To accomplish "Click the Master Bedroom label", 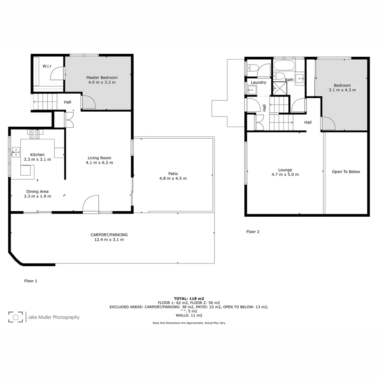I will pyautogui.click(x=102, y=77).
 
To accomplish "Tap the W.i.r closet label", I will pyautogui.click(x=48, y=66).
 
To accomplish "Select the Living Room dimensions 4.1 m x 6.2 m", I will pyautogui.click(x=100, y=163).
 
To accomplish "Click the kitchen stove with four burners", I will pyautogui.click(x=34, y=134).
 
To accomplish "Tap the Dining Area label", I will pyautogui.click(x=37, y=191).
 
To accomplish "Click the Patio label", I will pyautogui.click(x=173, y=174).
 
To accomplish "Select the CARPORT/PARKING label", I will pyautogui.click(x=109, y=234).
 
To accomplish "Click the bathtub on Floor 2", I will pyautogui.click(x=284, y=65).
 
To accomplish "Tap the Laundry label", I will pyautogui.click(x=258, y=83).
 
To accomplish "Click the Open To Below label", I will pyautogui.click(x=346, y=172).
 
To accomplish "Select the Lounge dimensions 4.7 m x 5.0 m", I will pyautogui.click(x=285, y=175).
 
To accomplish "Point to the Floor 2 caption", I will pyautogui.click(x=253, y=232).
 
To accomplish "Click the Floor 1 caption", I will pyautogui.click(x=30, y=281).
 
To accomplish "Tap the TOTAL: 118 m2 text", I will pyautogui.click(x=189, y=299).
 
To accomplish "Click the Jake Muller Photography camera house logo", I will pyautogui.click(x=16, y=317).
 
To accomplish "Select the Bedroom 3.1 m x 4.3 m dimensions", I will pyautogui.click(x=342, y=90).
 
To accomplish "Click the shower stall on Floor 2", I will pyautogui.click(x=279, y=88).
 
